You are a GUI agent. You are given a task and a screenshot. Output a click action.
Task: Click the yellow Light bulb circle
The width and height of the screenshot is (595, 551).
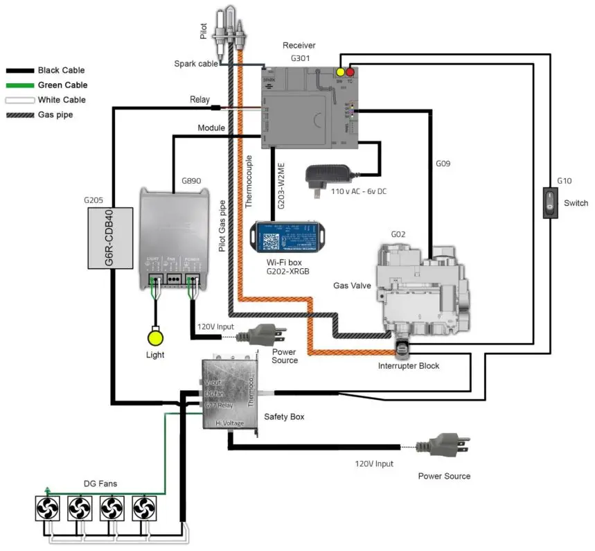157,338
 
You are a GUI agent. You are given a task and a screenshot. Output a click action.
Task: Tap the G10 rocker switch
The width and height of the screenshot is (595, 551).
550,203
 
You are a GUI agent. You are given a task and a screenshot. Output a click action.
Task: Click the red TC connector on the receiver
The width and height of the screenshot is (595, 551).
350,72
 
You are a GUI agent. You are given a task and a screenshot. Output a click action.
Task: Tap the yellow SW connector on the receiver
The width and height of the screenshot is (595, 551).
339,72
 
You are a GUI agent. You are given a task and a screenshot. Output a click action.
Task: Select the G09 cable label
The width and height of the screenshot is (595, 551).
443,164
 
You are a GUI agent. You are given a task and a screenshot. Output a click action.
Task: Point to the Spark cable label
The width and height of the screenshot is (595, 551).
195,64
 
